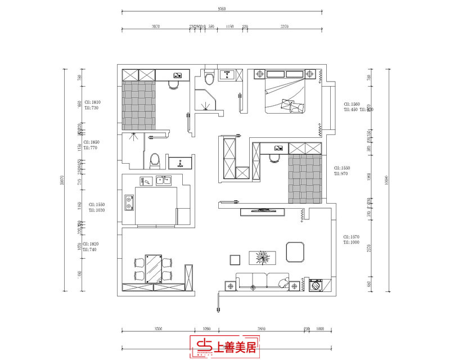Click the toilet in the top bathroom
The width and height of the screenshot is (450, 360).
tap(210, 76)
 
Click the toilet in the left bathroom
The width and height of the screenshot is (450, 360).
tap(155, 160)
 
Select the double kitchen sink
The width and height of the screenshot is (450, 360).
tap(164, 181)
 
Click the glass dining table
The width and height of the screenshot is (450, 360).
tap(152, 268)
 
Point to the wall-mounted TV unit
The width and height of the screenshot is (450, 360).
tap(264, 211)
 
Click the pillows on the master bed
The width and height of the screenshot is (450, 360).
tap(294, 105)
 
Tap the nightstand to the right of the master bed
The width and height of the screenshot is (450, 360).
tap(309, 73)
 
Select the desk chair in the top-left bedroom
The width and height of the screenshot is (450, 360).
tap(173, 85)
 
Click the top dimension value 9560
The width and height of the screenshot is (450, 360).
tap(222, 9)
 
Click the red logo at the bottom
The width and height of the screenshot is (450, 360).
tap(224, 348)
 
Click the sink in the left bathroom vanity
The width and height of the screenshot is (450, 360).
tap(181, 164)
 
